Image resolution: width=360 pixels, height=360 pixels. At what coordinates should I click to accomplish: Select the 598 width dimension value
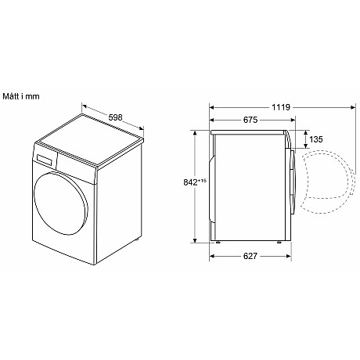tap(116, 118)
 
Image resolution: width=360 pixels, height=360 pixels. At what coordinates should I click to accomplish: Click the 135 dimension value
tap(316, 139)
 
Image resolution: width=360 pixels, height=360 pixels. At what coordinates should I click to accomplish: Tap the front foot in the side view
tap(276, 240)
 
